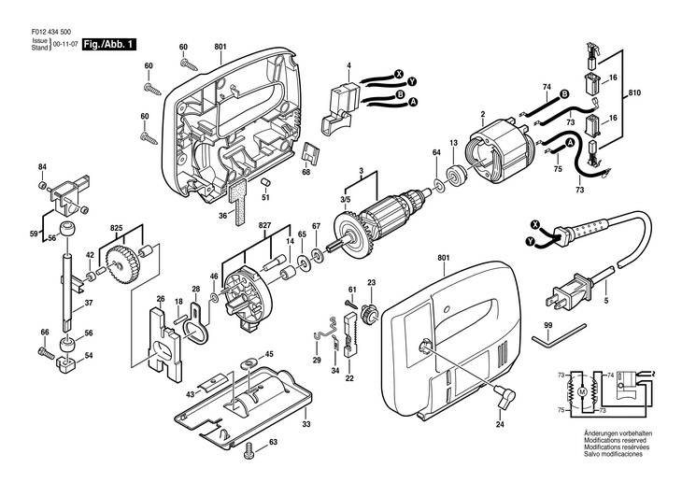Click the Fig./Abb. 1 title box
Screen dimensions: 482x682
click(109, 44)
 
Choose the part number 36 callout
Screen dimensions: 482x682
click(222, 217)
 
